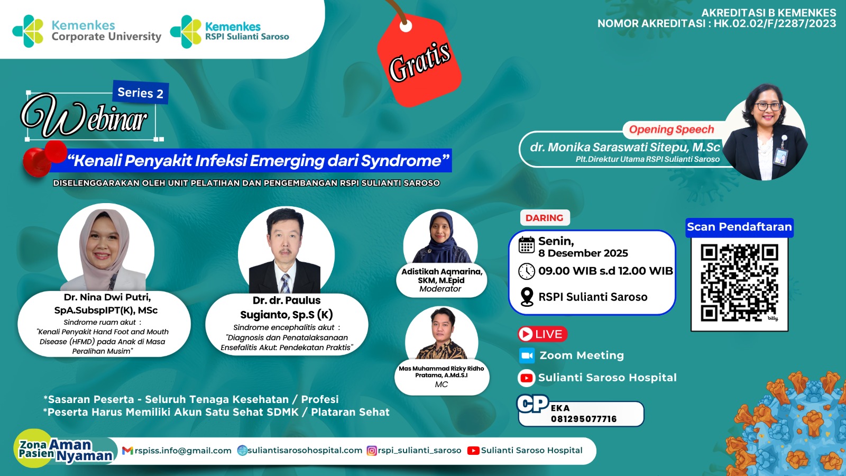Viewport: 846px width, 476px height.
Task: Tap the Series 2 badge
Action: point(140,93)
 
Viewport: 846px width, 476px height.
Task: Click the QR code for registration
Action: point(739,282)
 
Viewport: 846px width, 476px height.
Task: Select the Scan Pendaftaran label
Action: point(739,227)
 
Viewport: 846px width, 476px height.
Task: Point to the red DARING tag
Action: point(544,218)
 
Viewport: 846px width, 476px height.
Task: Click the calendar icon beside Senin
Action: point(527,245)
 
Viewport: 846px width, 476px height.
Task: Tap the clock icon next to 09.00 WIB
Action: point(527,271)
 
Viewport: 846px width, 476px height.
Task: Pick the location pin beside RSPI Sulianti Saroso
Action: point(527,297)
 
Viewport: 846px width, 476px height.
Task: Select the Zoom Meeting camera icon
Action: point(527,355)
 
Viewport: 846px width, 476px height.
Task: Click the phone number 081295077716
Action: point(584,419)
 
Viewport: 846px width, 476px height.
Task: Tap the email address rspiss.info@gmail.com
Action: point(183,451)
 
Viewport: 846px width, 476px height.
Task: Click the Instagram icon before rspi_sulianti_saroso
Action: point(372,451)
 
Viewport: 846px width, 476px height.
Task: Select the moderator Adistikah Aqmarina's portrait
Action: point(440,238)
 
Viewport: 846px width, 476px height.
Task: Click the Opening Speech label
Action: point(671,130)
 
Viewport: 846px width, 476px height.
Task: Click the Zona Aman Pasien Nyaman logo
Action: point(63,450)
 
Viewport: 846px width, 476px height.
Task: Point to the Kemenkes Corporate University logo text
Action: point(106,31)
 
